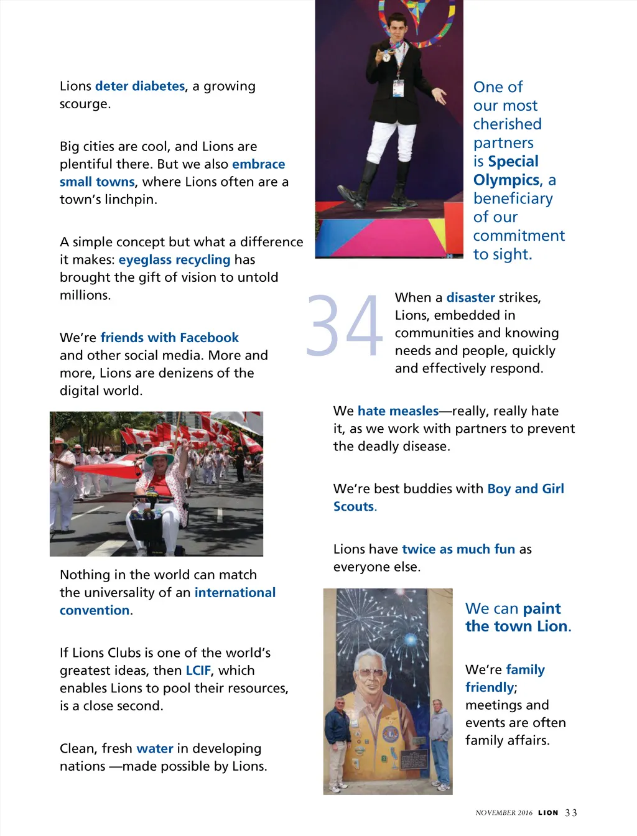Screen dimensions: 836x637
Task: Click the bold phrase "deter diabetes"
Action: [140, 86]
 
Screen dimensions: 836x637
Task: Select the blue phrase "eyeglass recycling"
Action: [174, 259]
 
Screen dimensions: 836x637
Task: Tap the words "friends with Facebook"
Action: [169, 338]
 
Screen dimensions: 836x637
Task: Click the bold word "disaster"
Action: [470, 297]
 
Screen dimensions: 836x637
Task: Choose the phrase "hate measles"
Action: [398, 411]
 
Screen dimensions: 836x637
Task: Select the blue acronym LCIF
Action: [198, 671]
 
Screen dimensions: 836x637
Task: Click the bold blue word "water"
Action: [155, 748]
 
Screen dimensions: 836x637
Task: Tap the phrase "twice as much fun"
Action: [458, 549]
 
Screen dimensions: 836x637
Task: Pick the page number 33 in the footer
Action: [571, 813]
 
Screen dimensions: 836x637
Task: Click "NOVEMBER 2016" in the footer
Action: [504, 813]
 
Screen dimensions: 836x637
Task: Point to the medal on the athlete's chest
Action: [386, 57]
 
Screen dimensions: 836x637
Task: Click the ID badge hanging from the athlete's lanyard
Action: [398, 88]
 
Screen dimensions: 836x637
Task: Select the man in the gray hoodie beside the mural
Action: [440, 740]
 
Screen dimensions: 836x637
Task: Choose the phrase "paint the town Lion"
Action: [517, 618]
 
